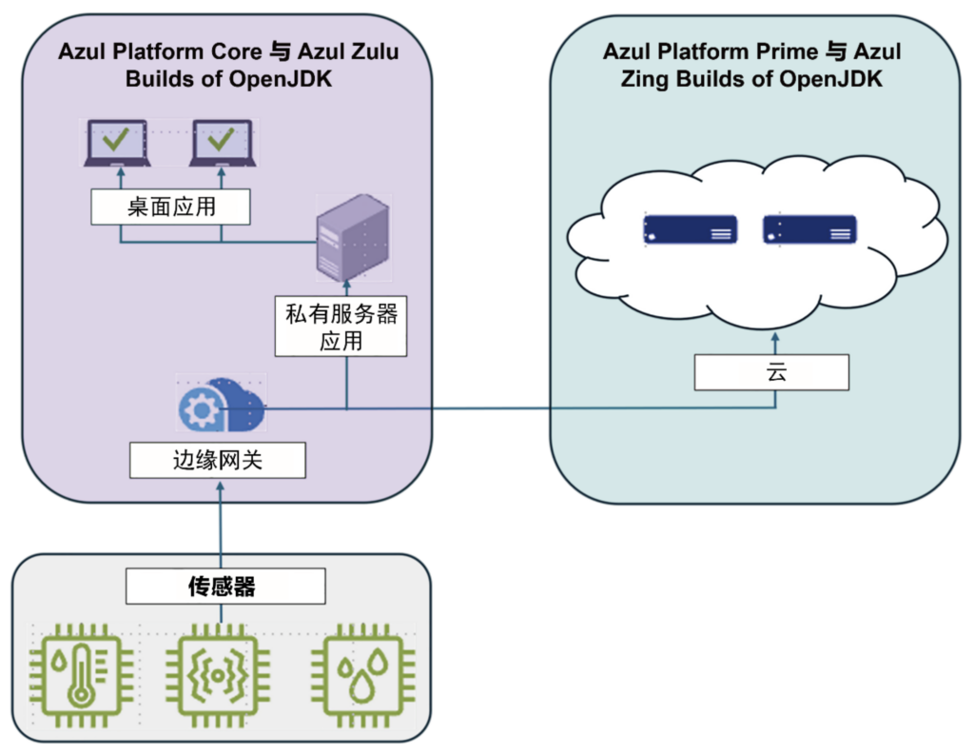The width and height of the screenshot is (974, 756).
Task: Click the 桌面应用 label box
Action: [x=171, y=207]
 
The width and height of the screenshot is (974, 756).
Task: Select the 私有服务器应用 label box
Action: [x=341, y=328]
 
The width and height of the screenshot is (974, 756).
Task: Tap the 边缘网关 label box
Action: [x=218, y=462]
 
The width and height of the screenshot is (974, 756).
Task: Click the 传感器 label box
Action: [x=225, y=587]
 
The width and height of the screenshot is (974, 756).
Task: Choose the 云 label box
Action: [x=770, y=373]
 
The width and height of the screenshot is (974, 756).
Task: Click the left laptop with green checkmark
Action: [x=117, y=143]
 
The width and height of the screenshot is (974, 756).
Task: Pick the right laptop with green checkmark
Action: [x=222, y=143]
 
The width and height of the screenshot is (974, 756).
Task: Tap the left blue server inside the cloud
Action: [x=691, y=229]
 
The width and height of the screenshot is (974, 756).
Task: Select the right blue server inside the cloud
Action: [x=809, y=229]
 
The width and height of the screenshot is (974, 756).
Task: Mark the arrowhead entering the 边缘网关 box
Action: [x=220, y=485]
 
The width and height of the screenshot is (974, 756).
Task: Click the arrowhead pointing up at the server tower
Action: [x=346, y=284]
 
